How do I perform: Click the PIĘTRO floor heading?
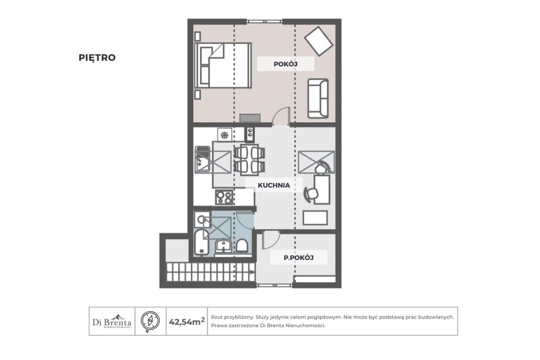click(97, 58)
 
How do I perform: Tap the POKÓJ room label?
click(286, 64)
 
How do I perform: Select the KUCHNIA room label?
click(274, 185)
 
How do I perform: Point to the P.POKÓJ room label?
click(298, 257)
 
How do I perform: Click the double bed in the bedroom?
click(223, 65)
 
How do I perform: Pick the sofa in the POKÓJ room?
click(318, 98)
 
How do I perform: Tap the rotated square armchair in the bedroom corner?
click(319, 41)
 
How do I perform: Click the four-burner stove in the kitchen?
click(224, 197)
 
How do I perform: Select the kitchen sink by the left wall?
click(202, 159)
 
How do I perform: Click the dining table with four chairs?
click(249, 160)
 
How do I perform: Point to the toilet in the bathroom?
click(242, 246)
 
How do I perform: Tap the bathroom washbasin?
click(224, 246)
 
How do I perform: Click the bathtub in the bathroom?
click(202, 242)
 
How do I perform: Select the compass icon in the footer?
click(150, 321)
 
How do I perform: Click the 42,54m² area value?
click(187, 322)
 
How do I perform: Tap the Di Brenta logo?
click(112, 321)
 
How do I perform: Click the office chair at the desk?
click(311, 194)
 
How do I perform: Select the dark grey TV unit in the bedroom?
click(250, 118)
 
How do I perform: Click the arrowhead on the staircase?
click(252, 272)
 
